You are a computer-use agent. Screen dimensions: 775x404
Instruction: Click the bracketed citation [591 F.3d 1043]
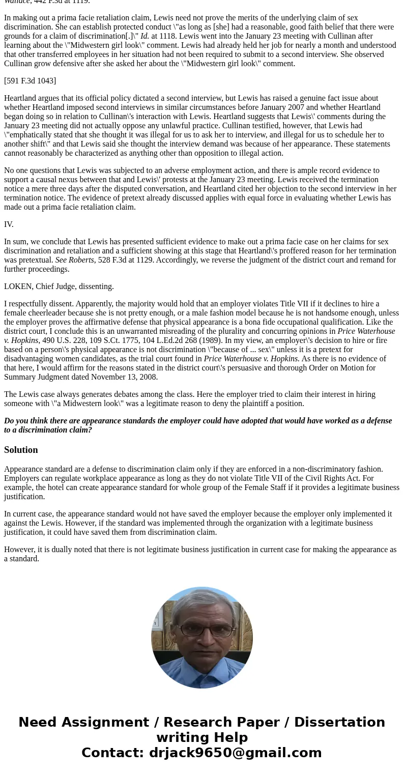[x=30, y=81]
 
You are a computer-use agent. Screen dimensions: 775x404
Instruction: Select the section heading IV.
[x=9, y=224]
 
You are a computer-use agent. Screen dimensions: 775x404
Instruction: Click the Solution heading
[x=21, y=450]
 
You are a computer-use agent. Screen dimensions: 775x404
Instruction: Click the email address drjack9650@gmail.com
[x=235, y=753]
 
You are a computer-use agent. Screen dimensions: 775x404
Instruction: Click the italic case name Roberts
[x=81, y=260]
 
